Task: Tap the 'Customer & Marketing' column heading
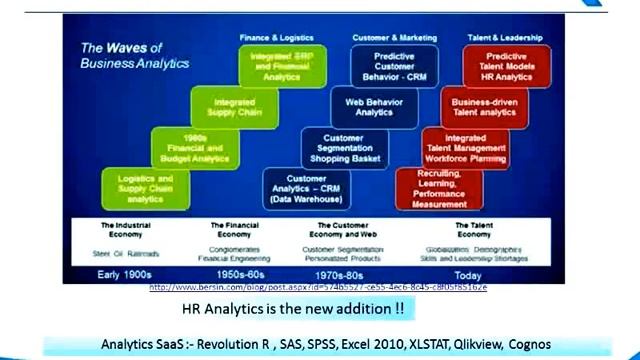[x=393, y=37]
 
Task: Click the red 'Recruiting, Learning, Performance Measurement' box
[x=438, y=188]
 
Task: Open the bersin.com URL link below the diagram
[x=318, y=287]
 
